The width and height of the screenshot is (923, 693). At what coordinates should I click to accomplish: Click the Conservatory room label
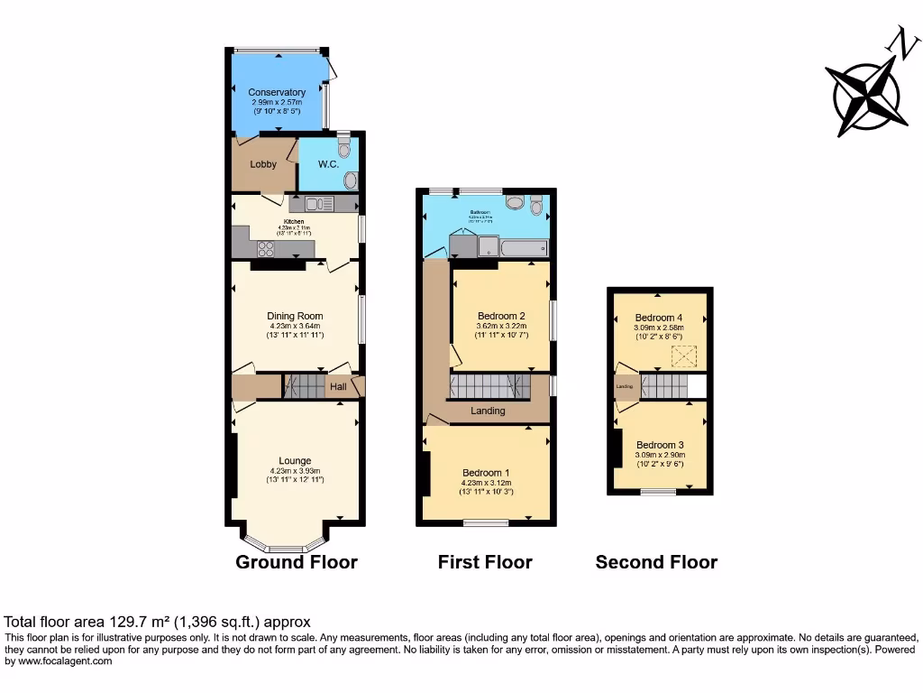pos(277,92)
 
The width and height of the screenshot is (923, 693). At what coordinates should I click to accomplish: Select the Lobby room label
pos(263,164)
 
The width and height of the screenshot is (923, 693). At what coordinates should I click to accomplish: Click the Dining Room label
pos(295,316)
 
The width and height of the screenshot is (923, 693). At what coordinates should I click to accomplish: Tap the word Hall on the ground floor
pos(338,387)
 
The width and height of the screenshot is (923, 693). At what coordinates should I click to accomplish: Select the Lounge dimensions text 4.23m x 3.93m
pos(295,470)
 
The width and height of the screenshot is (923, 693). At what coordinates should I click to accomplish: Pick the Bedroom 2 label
pos(502,316)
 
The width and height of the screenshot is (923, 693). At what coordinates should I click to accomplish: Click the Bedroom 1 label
pos(486,473)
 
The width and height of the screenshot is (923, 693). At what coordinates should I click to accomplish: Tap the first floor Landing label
pos(488,411)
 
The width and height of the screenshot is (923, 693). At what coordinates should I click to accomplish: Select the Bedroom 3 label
pos(660,445)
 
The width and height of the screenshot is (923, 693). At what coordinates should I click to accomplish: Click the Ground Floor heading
pos(297,562)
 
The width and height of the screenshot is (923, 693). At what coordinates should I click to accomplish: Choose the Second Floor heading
pos(656,562)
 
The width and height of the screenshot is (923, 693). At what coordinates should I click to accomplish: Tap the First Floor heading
pos(485,562)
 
